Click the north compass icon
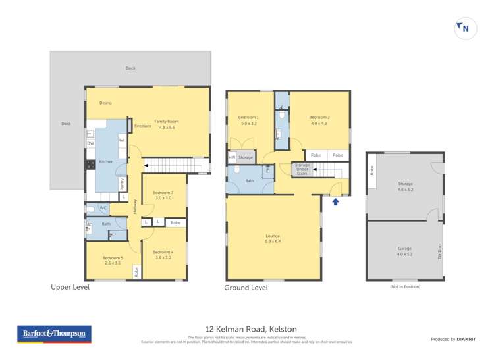click(466, 28)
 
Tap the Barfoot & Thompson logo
click(54, 334)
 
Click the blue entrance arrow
click(336, 201)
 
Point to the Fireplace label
click(143, 126)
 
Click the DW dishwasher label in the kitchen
click(90, 143)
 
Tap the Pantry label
click(123, 184)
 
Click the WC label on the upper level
click(103, 209)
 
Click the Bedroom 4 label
click(163, 255)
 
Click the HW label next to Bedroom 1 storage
click(232, 157)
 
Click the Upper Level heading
click(70, 287)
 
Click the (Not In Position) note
click(404, 286)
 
